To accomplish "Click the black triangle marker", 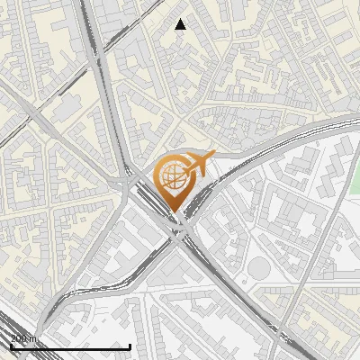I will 181,24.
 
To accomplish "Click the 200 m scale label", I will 23,338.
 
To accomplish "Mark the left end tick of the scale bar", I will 11,345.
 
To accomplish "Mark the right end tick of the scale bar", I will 130,345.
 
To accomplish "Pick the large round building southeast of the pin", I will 259,267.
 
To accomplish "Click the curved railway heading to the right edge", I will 297,130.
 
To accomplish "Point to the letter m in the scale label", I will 33,338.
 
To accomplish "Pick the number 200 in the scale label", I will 19,338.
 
